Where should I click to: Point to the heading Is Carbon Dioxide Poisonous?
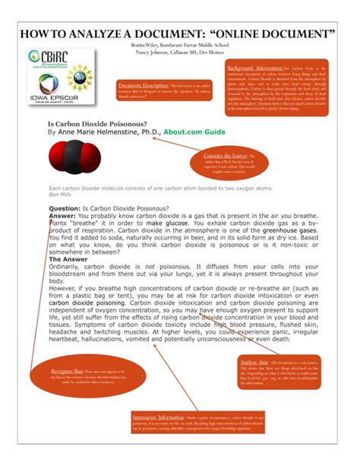pos(98,122)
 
